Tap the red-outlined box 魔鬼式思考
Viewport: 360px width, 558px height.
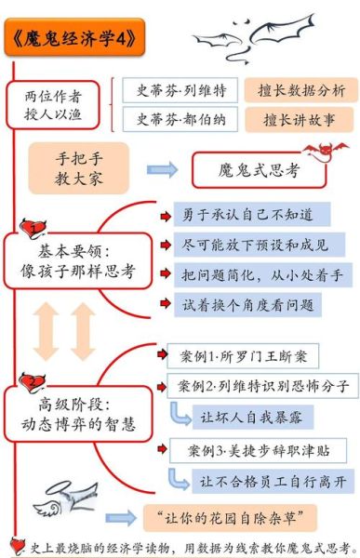pos(259,170)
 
